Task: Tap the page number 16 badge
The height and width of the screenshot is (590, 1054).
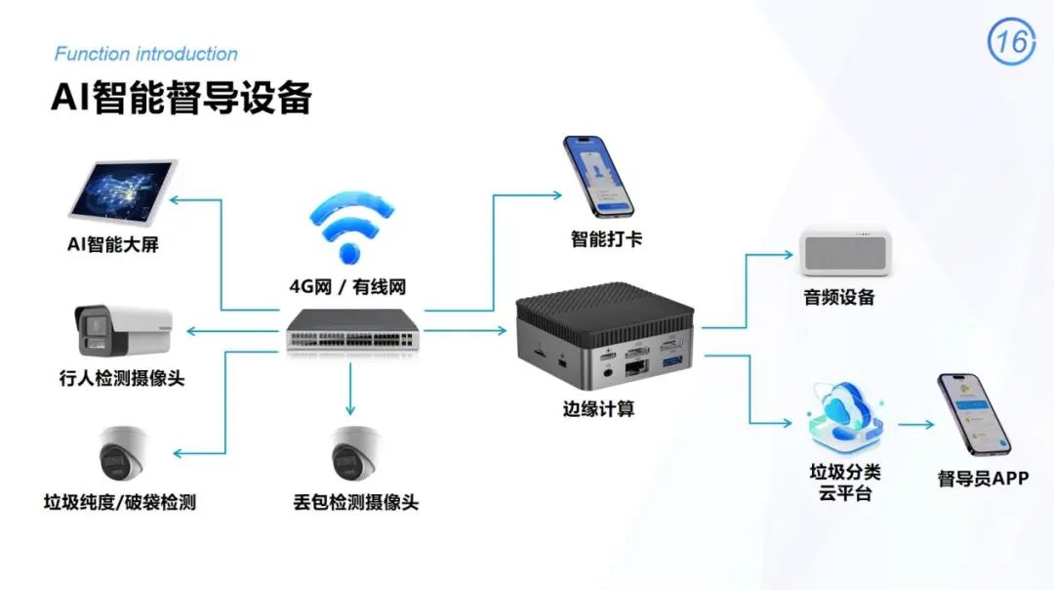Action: point(1011,42)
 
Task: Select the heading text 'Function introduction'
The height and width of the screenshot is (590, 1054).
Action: point(145,54)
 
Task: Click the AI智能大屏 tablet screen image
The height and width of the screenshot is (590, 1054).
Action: point(124,191)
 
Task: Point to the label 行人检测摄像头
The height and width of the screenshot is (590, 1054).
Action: point(122,378)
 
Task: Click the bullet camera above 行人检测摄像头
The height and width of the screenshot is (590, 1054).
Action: point(123,331)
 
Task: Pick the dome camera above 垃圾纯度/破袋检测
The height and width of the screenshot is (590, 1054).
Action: point(122,453)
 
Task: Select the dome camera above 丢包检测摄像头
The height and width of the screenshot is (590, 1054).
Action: point(354,454)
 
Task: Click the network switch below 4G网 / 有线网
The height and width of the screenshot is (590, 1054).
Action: point(352,330)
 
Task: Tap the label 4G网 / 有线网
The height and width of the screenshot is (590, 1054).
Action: point(347,287)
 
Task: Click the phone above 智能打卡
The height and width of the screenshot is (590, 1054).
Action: point(597,177)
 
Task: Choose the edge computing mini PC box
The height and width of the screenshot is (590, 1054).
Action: point(604,335)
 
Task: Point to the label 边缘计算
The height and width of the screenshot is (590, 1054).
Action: point(598,409)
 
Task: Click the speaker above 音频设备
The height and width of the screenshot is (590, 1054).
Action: point(845,252)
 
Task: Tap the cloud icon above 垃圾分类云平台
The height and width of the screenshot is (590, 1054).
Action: point(845,417)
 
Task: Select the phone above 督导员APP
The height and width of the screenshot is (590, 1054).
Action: point(974,414)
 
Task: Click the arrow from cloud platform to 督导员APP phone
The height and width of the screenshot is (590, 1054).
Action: point(916,425)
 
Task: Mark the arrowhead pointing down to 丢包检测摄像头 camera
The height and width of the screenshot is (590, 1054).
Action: point(350,409)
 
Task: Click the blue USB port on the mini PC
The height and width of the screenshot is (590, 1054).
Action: point(672,362)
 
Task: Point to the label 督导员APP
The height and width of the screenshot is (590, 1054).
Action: point(983,479)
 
